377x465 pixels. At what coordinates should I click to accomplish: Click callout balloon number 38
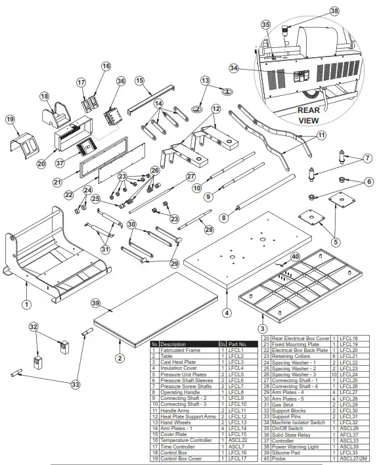(334, 11)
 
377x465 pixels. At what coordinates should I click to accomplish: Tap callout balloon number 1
(26, 305)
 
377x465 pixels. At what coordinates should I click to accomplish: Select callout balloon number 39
(95, 302)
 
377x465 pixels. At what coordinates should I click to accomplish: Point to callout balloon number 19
(10, 120)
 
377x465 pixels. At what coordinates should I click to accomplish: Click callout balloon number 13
(205, 80)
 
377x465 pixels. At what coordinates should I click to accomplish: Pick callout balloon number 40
(295, 257)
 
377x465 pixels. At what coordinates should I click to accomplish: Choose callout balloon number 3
(262, 328)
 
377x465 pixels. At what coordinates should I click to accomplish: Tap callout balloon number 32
(33, 326)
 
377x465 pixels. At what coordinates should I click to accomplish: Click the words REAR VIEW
(308, 116)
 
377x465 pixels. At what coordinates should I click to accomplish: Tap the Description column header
(173, 344)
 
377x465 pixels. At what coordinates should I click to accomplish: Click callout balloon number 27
(189, 176)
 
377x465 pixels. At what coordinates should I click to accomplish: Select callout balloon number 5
(335, 241)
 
